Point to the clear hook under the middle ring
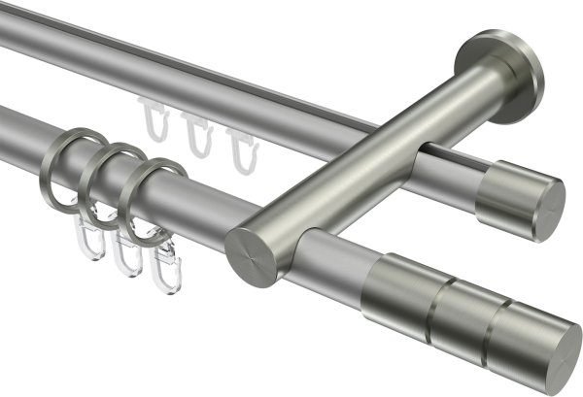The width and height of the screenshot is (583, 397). pos(123,255)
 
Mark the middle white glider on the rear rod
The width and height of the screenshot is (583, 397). pos(198,133)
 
